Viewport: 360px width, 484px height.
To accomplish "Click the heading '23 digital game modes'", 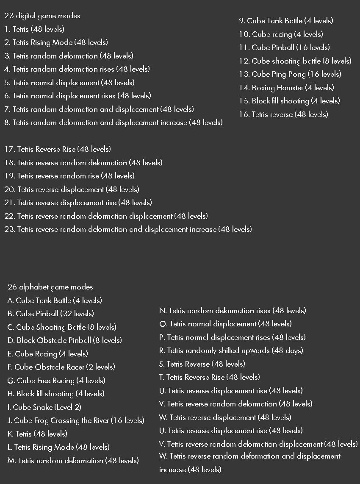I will tap(42, 16).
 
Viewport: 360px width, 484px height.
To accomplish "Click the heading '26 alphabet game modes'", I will tap(50, 287).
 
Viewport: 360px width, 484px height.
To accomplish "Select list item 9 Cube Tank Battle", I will tap(286, 21).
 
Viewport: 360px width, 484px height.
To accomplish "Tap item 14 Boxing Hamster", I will tap(286, 88).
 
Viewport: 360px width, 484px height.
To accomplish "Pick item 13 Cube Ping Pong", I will tap(290, 74).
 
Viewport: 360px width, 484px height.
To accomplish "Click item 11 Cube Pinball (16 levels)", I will tap(284, 47).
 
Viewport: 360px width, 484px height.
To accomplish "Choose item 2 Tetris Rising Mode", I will tap(56, 42).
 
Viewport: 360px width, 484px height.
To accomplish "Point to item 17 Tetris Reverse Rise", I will tap(58, 149).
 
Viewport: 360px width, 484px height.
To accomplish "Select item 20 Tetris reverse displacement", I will tap(72, 189).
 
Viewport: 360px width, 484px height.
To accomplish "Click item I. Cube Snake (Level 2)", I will tap(44, 407).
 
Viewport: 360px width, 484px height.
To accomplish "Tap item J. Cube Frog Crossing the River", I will tap(76, 420).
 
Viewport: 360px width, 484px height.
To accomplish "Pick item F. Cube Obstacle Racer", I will tap(61, 367).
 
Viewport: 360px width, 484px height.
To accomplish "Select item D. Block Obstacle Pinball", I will tap(64, 340).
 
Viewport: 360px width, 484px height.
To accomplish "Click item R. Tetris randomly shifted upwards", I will tap(231, 350).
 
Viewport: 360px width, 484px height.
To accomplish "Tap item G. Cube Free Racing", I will tap(56, 381).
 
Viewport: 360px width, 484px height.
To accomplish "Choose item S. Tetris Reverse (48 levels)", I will tap(202, 364).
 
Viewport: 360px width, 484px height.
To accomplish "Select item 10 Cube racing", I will tap(281, 34).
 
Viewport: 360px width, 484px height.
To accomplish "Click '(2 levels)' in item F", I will tap(100, 367).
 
